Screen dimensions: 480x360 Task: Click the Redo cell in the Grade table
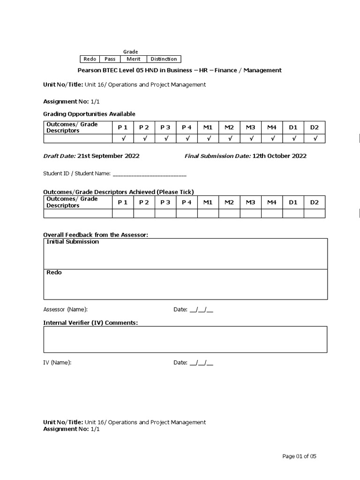(90, 59)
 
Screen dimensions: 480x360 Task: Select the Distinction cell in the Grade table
(164, 59)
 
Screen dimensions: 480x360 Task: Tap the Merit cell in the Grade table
(134, 59)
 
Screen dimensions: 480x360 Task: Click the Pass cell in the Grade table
(110, 59)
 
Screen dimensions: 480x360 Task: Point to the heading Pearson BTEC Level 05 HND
(179, 70)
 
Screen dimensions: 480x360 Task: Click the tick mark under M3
(251, 138)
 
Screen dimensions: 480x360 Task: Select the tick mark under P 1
(123, 138)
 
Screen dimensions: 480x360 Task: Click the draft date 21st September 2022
(108, 156)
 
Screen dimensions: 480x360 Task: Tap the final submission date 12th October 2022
(279, 156)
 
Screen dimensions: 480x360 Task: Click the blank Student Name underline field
(150, 174)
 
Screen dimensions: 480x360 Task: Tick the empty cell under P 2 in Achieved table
(144, 214)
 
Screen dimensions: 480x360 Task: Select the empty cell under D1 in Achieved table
(293, 214)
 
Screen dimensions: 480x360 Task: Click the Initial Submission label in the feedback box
(73, 242)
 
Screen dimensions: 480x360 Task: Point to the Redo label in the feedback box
(54, 272)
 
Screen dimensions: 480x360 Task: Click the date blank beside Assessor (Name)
(201, 310)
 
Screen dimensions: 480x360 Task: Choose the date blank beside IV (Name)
(201, 363)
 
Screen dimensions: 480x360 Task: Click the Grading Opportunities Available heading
(89, 114)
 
